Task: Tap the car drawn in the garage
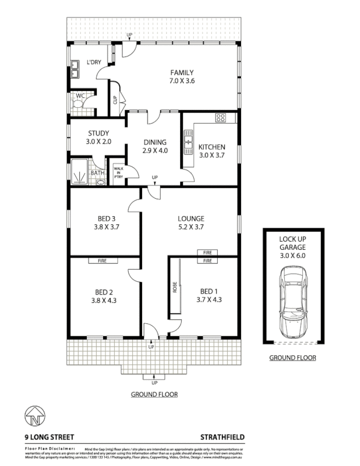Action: coord(292,301)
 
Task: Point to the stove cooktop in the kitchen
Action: coord(221,118)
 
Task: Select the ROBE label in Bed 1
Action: coord(174,288)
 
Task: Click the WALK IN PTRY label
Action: coord(118,172)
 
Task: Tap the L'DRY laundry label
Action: coord(94,63)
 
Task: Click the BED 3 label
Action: coord(105,219)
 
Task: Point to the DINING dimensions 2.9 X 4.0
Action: coord(155,150)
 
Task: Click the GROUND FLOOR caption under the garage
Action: coord(292,358)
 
